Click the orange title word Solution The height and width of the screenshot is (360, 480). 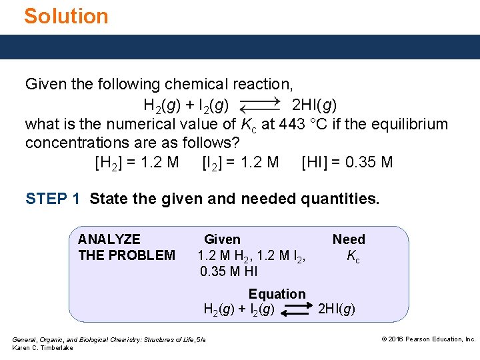[66, 16]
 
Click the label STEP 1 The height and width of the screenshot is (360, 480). [53, 199]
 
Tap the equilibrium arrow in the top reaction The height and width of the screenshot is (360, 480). [260, 105]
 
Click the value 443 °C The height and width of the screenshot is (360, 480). [312, 124]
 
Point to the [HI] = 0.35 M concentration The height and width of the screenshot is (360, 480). [347, 162]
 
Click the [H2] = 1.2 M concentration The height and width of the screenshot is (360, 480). [137, 162]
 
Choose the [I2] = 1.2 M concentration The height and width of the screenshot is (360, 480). [240, 162]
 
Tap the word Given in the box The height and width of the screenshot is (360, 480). [222, 239]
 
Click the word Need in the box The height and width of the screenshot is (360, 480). [349, 239]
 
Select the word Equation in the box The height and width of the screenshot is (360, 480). [277, 294]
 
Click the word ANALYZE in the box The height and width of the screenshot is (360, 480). [109, 239]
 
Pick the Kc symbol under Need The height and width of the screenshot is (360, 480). [353, 256]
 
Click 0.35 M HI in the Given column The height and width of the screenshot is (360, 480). [229, 271]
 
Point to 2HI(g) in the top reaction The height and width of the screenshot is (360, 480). [315, 105]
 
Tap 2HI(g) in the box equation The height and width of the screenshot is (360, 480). [337, 309]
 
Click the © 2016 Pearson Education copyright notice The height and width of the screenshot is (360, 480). [428, 339]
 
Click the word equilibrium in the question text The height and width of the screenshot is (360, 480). [411, 124]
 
